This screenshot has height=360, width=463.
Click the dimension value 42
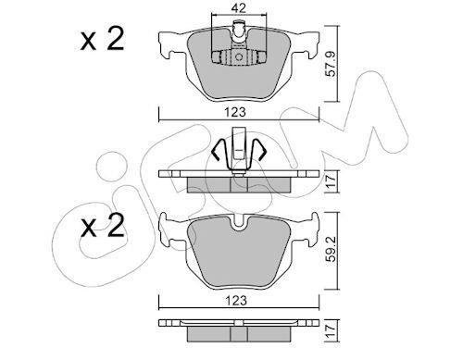tap(239, 8)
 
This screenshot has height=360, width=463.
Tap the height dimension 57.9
tap(331, 64)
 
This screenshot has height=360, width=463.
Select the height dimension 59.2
tap(331, 250)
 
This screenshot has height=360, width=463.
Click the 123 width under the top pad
tap(235, 112)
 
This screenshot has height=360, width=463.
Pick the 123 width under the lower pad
tap(236, 300)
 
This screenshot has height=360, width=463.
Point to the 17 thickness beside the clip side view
tap(331, 181)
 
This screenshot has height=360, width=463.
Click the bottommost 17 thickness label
tap(331, 331)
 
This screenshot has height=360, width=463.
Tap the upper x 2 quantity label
tap(102, 39)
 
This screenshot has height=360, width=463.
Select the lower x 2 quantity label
tap(102, 226)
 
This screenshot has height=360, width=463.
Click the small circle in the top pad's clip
tap(239, 57)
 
